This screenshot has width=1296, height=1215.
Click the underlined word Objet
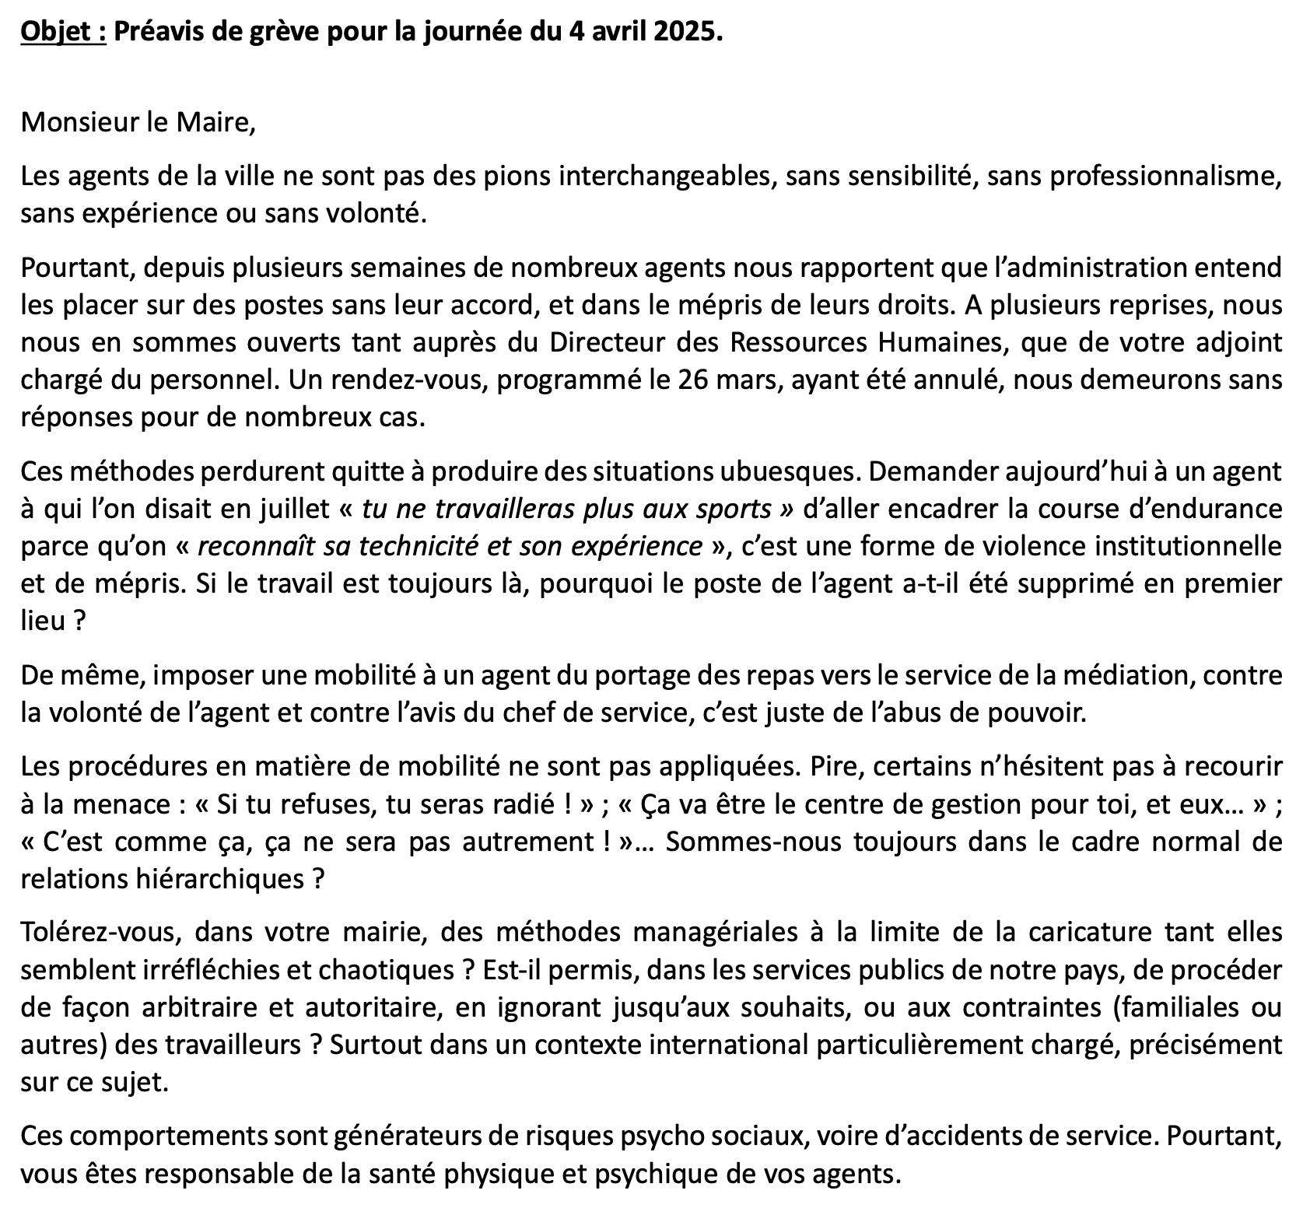point(63,33)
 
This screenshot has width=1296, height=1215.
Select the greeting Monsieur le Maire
point(138,123)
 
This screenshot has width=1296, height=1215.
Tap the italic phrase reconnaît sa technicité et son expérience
point(450,546)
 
